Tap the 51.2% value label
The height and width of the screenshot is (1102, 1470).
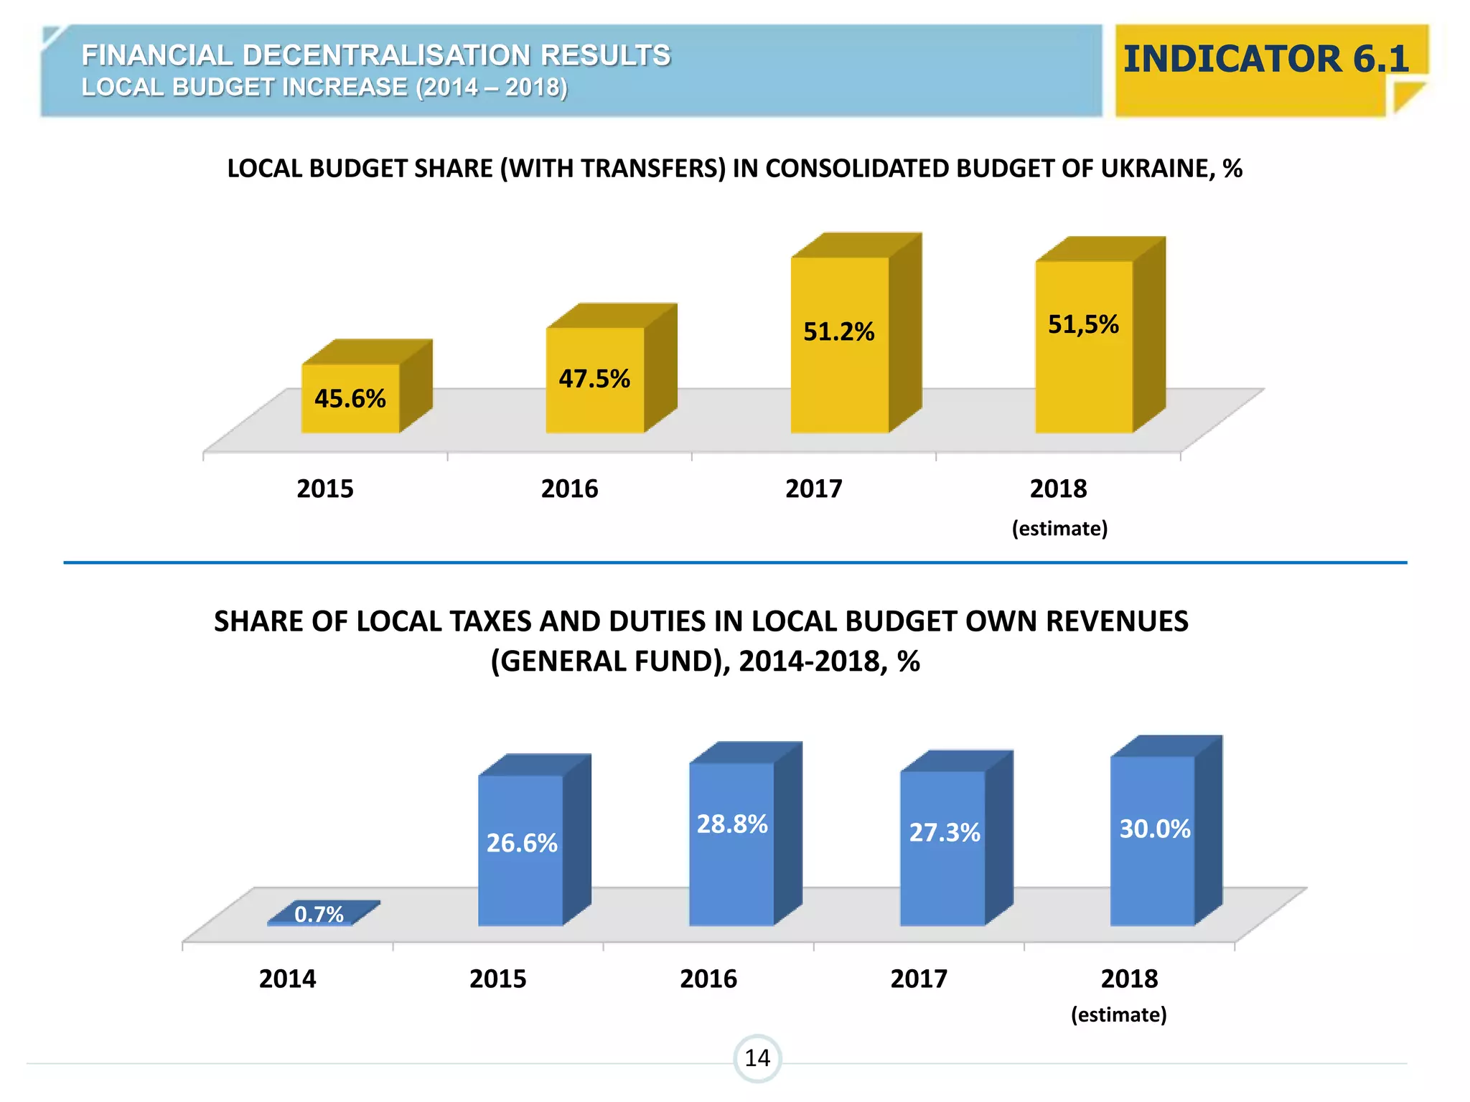coord(838,331)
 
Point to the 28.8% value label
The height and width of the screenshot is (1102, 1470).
coord(732,824)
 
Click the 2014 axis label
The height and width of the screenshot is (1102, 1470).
coord(287,979)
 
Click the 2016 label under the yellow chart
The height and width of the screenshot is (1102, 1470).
coord(569,489)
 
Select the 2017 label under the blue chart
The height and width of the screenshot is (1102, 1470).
coord(919,979)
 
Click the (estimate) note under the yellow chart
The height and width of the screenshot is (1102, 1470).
coord(1059,529)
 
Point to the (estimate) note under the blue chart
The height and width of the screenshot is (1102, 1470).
coord(1118,1014)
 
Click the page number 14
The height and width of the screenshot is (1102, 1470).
coord(757,1058)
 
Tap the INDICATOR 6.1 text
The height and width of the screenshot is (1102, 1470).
coord(1265,59)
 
